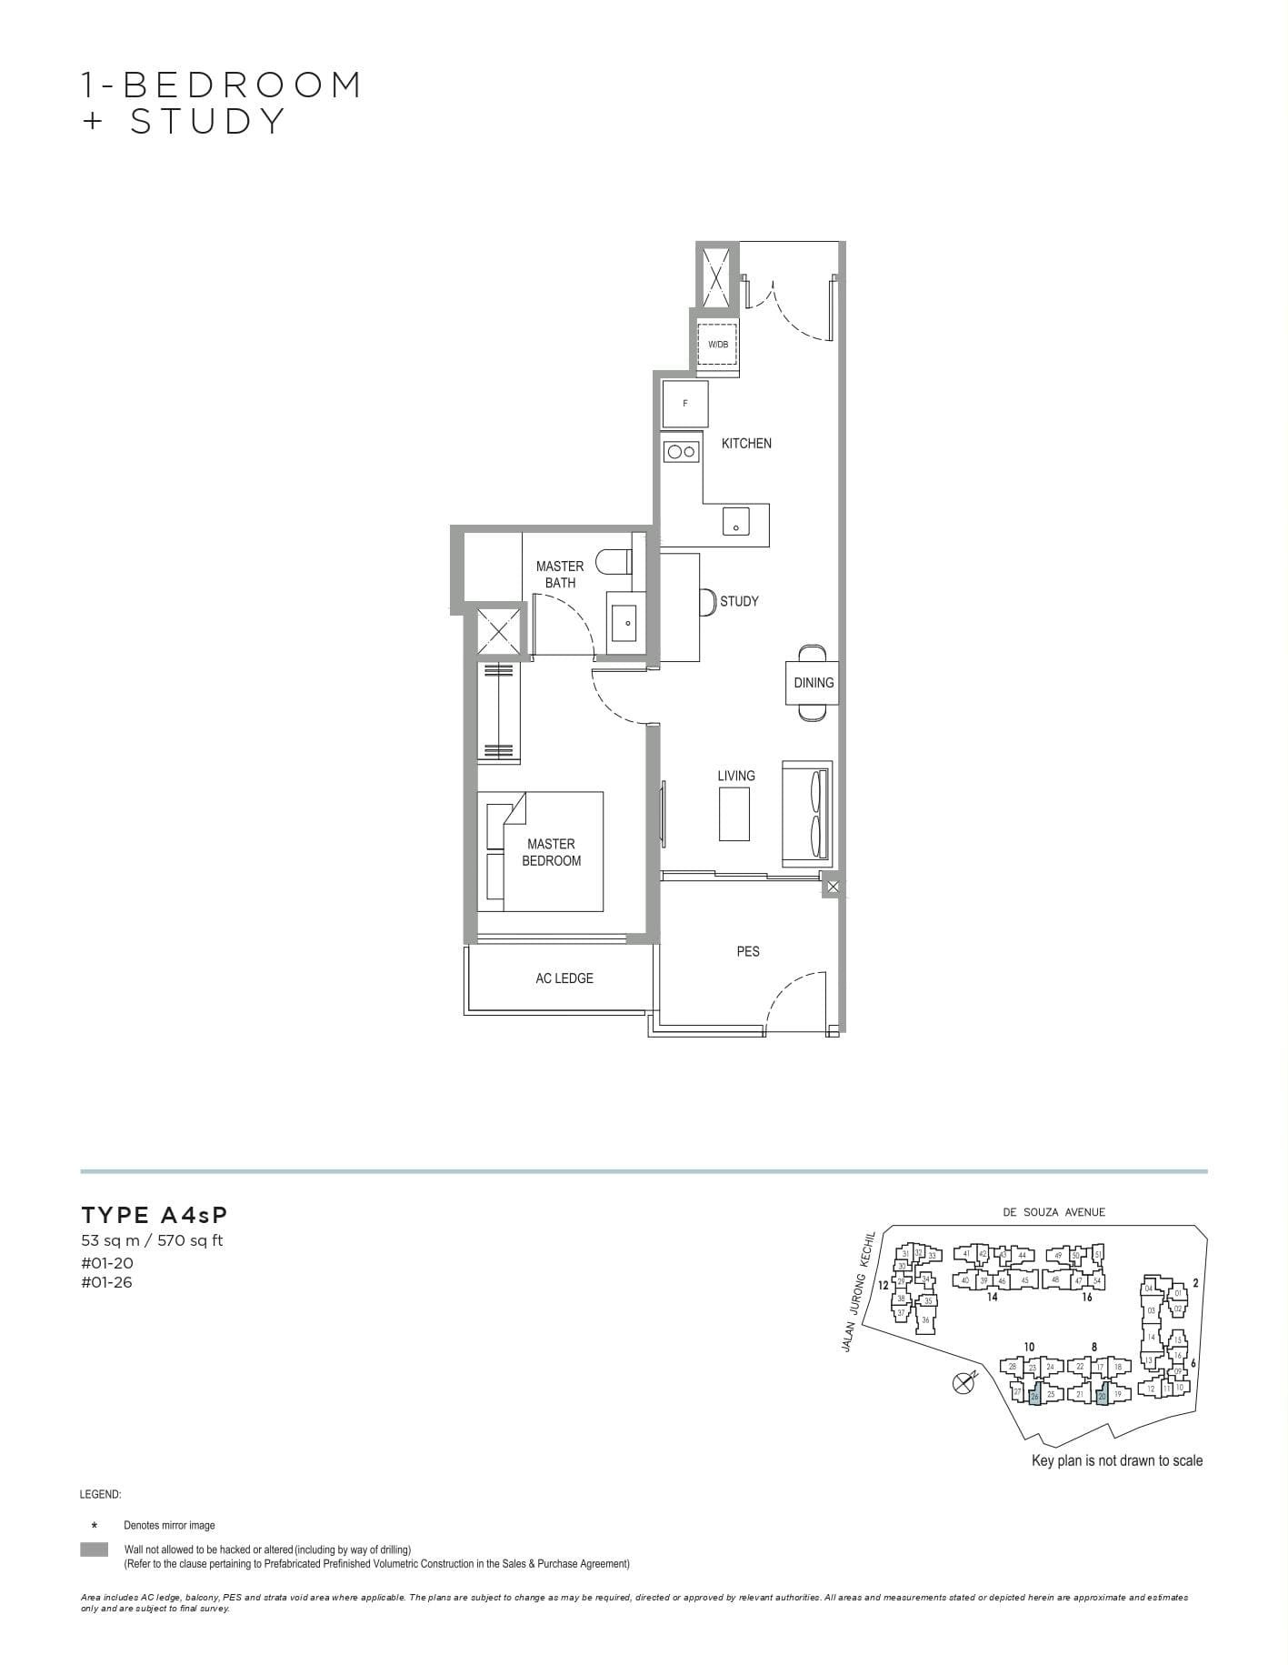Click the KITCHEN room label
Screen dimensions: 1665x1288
[x=746, y=443]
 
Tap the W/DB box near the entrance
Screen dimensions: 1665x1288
[x=717, y=345]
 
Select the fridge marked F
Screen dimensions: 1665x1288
[x=685, y=404]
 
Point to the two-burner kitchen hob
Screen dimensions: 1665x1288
[x=681, y=450]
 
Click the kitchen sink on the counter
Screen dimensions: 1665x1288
[x=736, y=522]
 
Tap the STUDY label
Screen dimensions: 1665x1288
[x=739, y=601]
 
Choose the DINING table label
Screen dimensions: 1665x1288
[x=814, y=682]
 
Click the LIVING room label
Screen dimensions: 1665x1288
[x=736, y=776]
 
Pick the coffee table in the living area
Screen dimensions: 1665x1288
[x=734, y=814]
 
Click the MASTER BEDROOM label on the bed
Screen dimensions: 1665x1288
[x=551, y=852]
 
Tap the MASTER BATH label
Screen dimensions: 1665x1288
[x=560, y=574]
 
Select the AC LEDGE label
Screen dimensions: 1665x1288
[x=564, y=978]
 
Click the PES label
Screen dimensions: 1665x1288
[x=748, y=951]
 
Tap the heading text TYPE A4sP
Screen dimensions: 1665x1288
[x=155, y=1215]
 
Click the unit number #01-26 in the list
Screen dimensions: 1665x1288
[x=107, y=1283]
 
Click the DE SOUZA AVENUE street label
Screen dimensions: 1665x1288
[x=1054, y=1212]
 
